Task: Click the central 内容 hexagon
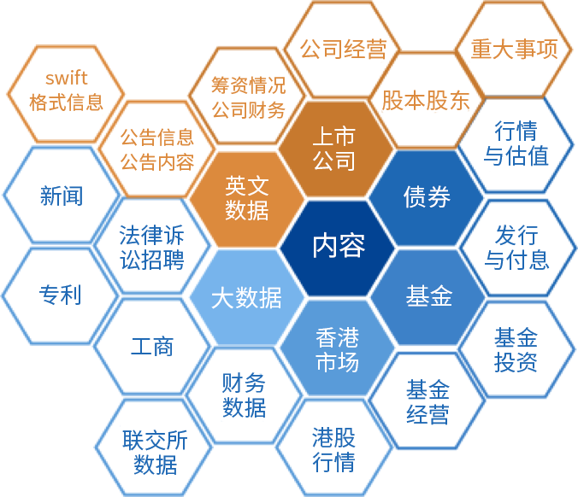pyautogui.click(x=338, y=247)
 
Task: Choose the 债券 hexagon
pyautogui.click(x=427, y=197)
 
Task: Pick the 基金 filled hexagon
pyautogui.click(x=428, y=296)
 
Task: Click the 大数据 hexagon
pyautogui.click(x=246, y=297)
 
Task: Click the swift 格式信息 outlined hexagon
pyautogui.click(x=66, y=91)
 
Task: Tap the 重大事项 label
pyautogui.click(x=514, y=49)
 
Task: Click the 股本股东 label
pyautogui.click(x=425, y=100)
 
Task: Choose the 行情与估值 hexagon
pyautogui.click(x=516, y=143)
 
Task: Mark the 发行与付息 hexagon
pyautogui.click(x=517, y=247)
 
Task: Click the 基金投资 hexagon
pyautogui.click(x=516, y=348)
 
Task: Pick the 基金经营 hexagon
pyautogui.click(x=428, y=402)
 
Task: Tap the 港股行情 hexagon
pyautogui.click(x=333, y=449)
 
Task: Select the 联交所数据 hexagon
pyautogui.click(x=155, y=452)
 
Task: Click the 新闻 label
pyautogui.click(x=62, y=195)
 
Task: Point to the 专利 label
pyautogui.click(x=60, y=295)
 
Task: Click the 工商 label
pyautogui.click(x=154, y=346)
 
